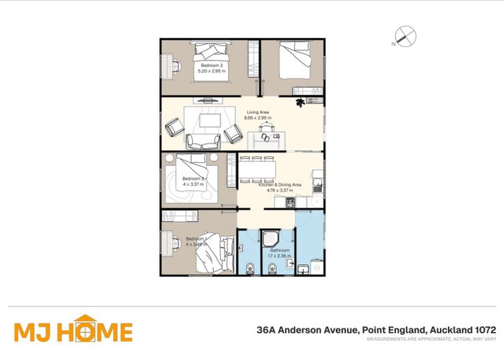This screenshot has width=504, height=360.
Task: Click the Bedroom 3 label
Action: (212, 65)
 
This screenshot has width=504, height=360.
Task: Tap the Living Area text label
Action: (258, 112)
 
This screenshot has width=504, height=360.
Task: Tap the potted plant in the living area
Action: (300, 104)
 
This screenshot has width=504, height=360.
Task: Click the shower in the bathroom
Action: (272, 236)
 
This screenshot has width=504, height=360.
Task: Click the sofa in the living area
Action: (199, 140)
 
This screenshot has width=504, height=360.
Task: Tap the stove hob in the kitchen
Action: (290, 203)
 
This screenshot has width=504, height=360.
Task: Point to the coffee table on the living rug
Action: (210, 119)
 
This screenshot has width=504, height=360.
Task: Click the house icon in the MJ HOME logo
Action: (85, 330)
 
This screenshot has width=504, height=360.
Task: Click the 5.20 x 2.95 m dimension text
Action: (212, 71)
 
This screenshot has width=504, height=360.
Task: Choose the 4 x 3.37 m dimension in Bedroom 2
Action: (193, 184)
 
